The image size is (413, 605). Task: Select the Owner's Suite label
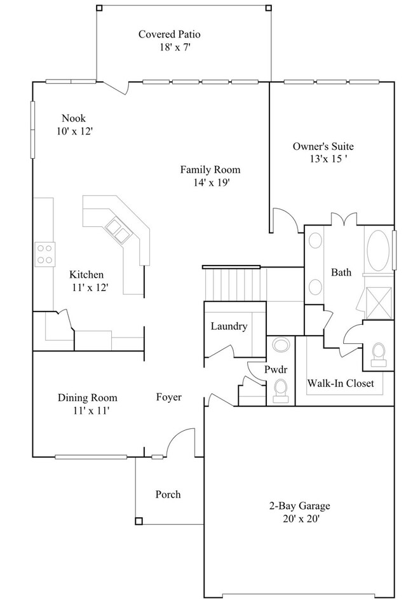coord(323,146)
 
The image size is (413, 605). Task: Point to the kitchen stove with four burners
coord(44,254)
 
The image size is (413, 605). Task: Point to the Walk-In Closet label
coord(340,383)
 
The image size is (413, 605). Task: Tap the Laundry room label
coord(229,326)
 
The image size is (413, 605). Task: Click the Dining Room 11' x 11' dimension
coord(88,410)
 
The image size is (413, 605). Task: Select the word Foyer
coord(169,397)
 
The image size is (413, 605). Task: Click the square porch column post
coord(139,521)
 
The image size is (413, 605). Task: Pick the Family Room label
coord(210,170)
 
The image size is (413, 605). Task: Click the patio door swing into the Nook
coord(114,87)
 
